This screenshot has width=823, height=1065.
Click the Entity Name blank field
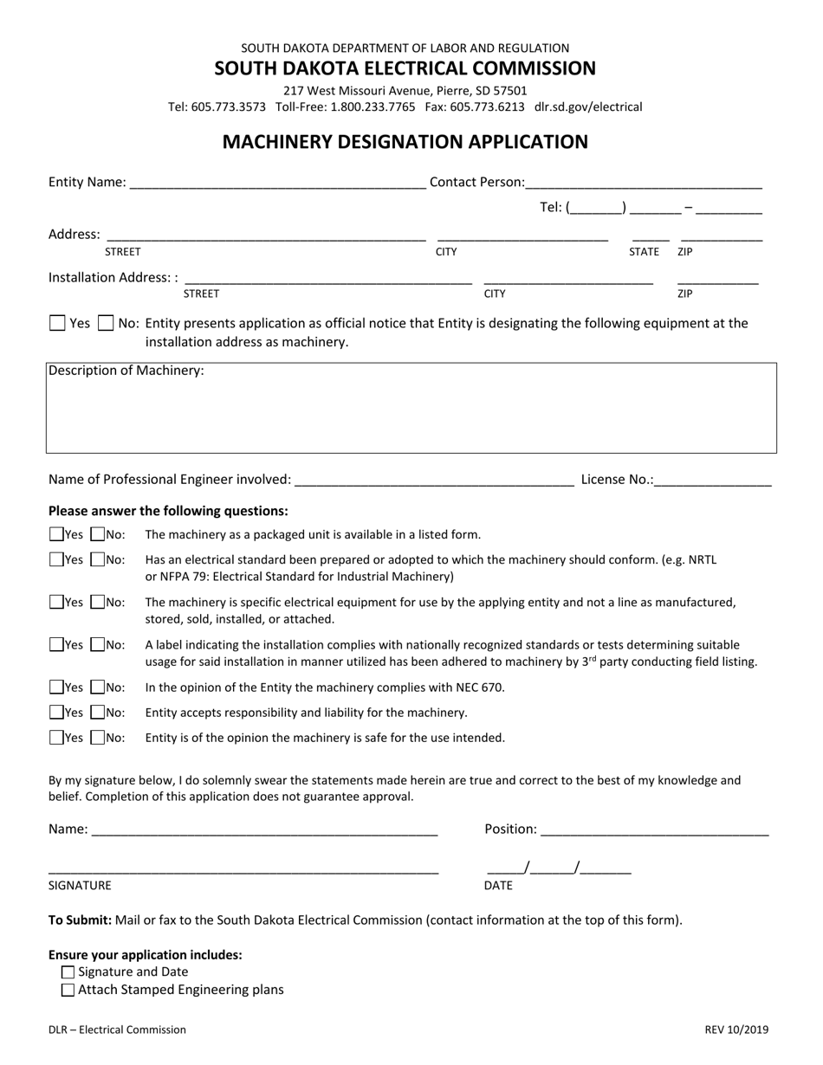tap(277, 183)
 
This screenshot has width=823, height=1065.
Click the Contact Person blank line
tap(644, 183)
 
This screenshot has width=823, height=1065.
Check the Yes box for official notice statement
tap(57, 324)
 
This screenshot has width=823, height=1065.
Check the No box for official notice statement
tap(106, 324)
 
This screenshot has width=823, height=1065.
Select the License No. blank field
tap(713, 480)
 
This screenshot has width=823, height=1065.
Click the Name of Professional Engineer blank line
tap(434, 480)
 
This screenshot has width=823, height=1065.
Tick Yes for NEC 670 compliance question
tap(57, 687)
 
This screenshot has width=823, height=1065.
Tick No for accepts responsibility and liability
tap(98, 713)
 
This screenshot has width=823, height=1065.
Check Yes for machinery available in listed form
tap(57, 535)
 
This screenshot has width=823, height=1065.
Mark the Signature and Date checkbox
tap(68, 972)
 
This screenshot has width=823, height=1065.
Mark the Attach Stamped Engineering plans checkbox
tap(68, 990)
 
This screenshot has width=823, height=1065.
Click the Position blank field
tap(654, 829)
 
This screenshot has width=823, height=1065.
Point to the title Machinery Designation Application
tap(405, 142)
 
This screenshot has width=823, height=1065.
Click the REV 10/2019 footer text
tap(736, 1030)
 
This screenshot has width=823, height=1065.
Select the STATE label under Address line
tap(644, 252)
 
